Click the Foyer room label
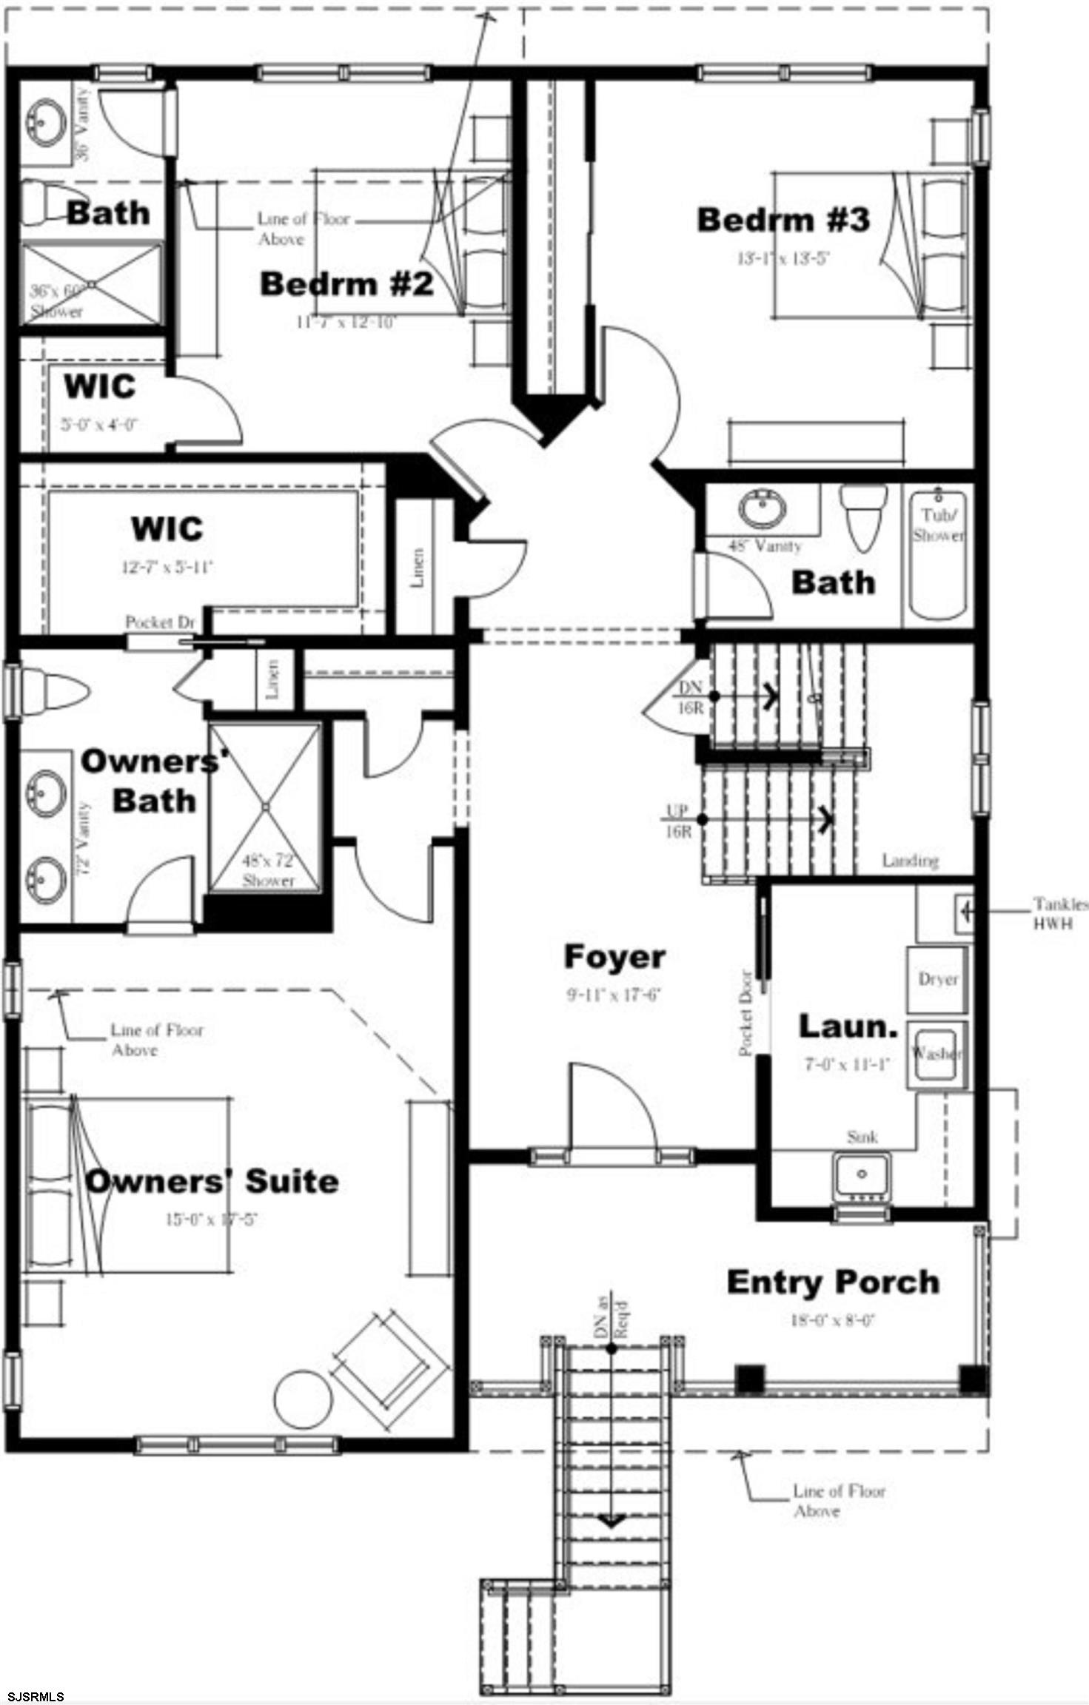[x=614, y=956]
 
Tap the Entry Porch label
[x=833, y=1282]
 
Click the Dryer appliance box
[x=938, y=979]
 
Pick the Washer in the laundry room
[x=938, y=1052]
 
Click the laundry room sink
[x=861, y=1174]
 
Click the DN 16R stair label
[x=690, y=698]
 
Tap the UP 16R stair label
[x=677, y=821]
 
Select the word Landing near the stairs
[x=910, y=861]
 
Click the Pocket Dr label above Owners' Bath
[x=159, y=622]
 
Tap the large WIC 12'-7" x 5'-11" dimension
[x=167, y=568]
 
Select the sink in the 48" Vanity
[x=763, y=509]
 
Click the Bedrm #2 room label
[x=346, y=284]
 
